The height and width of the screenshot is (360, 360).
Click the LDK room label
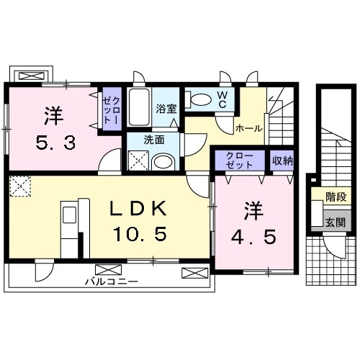(x=138, y=208)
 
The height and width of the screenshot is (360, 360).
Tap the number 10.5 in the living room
(x=140, y=234)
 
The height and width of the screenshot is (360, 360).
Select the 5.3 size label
(x=55, y=143)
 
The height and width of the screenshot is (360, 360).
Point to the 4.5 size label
(x=253, y=237)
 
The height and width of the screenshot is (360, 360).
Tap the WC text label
(x=222, y=100)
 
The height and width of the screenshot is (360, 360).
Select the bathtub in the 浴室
(x=139, y=107)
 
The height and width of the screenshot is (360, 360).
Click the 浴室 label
(x=166, y=109)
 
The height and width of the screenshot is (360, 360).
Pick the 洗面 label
(x=154, y=140)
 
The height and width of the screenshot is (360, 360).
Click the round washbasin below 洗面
(x=163, y=162)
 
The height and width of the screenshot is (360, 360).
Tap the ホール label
(x=249, y=128)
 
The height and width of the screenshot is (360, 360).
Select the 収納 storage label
(x=282, y=161)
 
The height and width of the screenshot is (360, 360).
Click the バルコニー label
(x=112, y=282)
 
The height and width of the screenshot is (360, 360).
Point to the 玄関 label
(x=336, y=223)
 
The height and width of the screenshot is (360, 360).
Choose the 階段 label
(x=336, y=197)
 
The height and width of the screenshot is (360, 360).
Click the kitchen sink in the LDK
(x=70, y=215)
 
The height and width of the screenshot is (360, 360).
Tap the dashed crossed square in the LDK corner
(x=20, y=186)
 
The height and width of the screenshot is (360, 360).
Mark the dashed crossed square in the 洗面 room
(x=139, y=161)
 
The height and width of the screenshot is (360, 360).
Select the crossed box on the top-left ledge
(x=32, y=76)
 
